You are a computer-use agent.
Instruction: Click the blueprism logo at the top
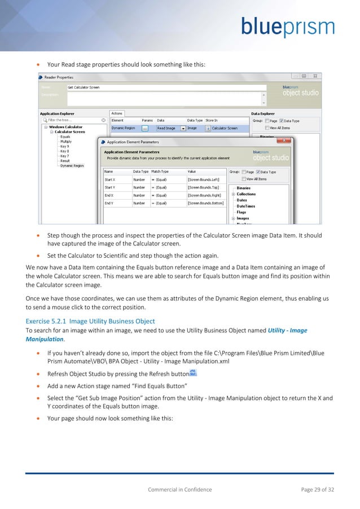coord(288,27)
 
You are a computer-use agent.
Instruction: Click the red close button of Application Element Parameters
coord(286,142)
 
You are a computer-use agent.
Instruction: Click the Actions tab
coord(117,113)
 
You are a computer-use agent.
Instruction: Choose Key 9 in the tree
coord(64,147)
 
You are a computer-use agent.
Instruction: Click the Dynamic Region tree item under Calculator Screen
coord(72,166)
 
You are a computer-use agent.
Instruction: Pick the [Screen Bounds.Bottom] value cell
coord(205,203)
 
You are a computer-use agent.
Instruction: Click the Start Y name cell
coord(111,187)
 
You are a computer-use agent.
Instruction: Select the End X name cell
coord(110,195)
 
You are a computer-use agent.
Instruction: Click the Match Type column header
coord(161,171)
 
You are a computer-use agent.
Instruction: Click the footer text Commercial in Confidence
coord(179,490)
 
